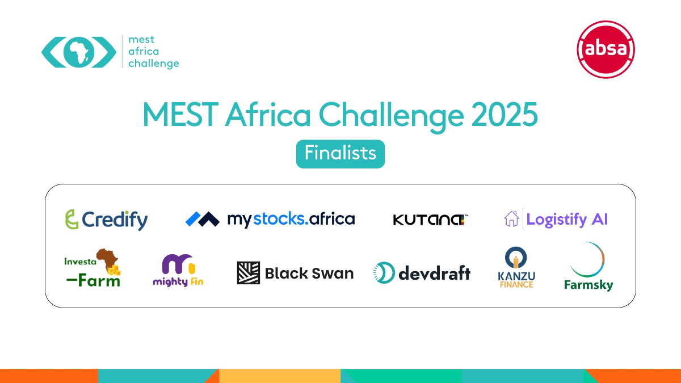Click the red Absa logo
pos(606,49)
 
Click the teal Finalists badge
pos(340,154)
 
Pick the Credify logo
pos(106,220)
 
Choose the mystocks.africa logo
pos(270,219)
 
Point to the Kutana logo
pos(430,220)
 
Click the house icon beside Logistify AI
pos(511,219)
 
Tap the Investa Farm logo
pos(93,268)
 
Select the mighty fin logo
pos(178,270)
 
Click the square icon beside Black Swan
pos(248,273)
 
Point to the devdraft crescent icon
pos(384,273)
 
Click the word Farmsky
pos(588,284)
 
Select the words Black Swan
pos(309,273)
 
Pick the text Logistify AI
pos(567,220)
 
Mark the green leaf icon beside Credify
pos(72,220)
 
